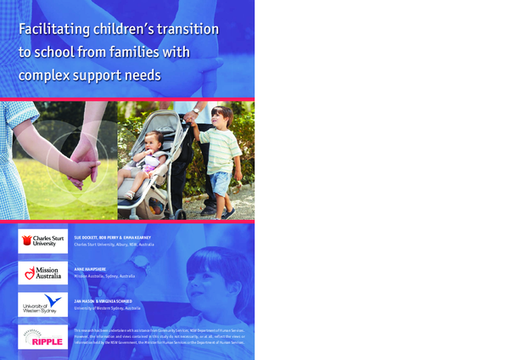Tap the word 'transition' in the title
coord(182,30)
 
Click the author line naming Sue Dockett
coord(115,237)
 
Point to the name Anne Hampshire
coord(93,268)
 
